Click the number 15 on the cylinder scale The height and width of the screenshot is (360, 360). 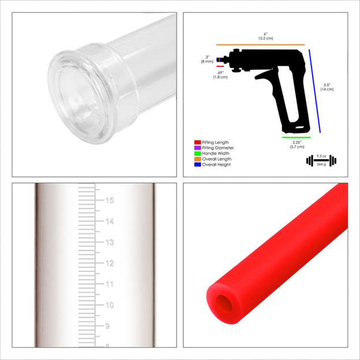coord(109,201)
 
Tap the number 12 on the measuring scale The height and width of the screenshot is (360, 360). coord(108,263)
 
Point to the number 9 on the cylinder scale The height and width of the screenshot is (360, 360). coord(107,326)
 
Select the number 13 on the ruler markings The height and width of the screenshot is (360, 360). coord(108,242)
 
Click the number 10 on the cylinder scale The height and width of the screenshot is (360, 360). coord(108,305)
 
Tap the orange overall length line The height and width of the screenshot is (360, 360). coord(260,44)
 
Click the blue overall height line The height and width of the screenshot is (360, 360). coord(314,90)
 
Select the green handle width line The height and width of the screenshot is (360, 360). coord(297,138)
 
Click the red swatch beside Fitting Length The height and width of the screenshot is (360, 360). coord(197,142)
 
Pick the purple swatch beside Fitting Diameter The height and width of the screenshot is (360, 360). coord(197,148)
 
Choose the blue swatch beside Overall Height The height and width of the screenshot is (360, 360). coord(197,164)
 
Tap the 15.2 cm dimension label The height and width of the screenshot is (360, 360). coord(265,38)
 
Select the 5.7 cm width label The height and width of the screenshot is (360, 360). coord(297,147)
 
